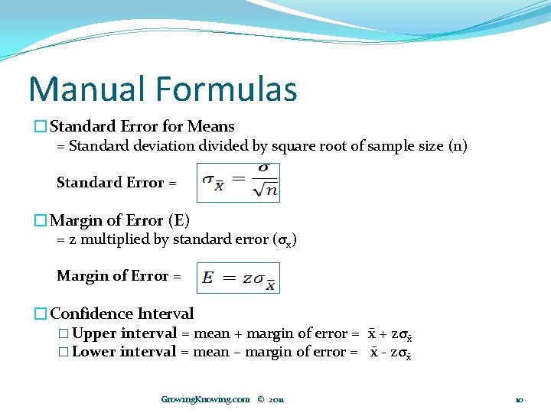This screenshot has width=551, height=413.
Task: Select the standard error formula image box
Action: [238, 182]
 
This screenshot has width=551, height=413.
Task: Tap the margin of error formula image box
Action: [238, 278]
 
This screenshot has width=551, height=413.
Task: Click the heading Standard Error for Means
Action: [142, 126]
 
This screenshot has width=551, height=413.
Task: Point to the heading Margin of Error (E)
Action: [119, 220]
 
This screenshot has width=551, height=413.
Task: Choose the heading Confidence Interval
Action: [122, 314]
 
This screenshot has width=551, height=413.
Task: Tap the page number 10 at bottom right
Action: [519, 399]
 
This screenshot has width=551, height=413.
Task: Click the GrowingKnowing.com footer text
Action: [205, 399]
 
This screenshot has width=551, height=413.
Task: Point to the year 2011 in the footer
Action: [276, 399]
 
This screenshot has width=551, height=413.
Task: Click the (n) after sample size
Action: [457, 145]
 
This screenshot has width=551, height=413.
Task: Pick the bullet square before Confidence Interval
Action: [41, 314]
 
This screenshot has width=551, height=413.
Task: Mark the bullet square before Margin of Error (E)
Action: [41, 220]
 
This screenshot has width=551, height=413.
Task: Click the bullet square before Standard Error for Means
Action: [41, 126]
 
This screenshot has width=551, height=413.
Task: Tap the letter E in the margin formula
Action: [207, 278]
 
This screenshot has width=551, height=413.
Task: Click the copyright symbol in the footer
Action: [261, 399]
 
